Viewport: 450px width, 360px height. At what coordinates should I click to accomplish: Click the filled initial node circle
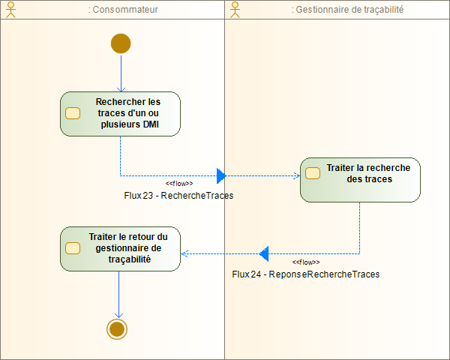[x=120, y=43]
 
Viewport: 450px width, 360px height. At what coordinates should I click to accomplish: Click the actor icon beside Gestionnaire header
[x=235, y=9]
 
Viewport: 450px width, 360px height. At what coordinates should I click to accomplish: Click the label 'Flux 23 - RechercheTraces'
[x=178, y=195]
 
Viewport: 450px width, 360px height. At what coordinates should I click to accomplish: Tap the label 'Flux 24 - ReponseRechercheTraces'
[x=306, y=274]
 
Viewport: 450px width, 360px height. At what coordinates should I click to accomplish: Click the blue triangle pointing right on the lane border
[x=221, y=176]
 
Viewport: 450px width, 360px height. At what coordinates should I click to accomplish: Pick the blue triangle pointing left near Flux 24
[x=264, y=253]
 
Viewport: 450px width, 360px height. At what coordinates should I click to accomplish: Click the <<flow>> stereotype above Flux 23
[x=179, y=183]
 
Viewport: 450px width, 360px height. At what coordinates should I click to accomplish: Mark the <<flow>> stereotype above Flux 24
[x=306, y=262]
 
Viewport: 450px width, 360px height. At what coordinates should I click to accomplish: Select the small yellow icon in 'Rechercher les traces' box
[x=73, y=114]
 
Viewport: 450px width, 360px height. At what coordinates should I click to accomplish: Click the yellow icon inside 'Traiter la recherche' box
[x=312, y=173]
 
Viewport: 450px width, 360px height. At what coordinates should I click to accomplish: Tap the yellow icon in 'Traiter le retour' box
[x=73, y=248]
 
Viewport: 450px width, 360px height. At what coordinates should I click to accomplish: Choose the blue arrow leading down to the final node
[x=118, y=292]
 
